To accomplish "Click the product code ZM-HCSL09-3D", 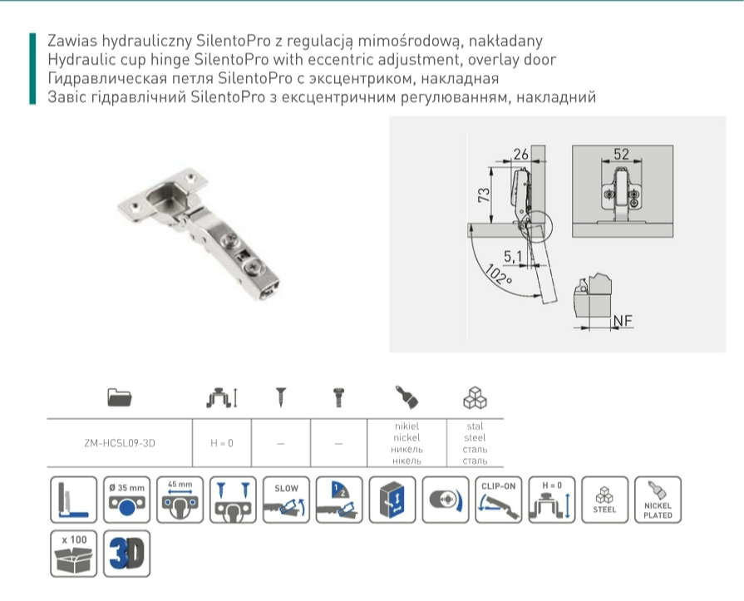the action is coord(120,443).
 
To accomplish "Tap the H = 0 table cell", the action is coord(222,443).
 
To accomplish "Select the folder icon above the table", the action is coord(120,397).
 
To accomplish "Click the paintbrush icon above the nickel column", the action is coord(406,397).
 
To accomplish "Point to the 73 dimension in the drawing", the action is coord(484,195).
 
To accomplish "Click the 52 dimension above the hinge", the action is coord(621,154).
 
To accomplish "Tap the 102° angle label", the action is coord(498,274).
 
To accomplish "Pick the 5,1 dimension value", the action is coord(512,257).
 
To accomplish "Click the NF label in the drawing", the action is coord(623,321).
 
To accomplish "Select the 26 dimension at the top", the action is coord(520,154).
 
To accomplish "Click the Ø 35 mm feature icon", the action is coord(126,500).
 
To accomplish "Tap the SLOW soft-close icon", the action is coord(286,500).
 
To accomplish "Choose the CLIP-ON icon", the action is coord(499,500).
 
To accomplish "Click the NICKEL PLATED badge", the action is coord(658,500).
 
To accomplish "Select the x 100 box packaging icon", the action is coord(73,554).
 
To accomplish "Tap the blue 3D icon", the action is coord(126,554).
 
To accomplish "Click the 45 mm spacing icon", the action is coord(180,500).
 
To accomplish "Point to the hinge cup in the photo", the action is coord(167,198).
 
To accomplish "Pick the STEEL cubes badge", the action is coord(604,500).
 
